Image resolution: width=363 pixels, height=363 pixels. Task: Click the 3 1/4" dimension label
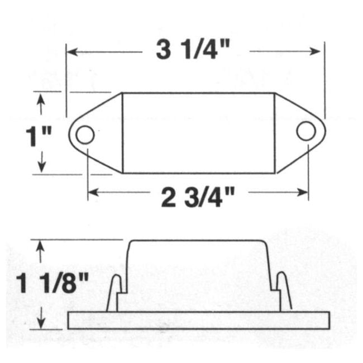[x=194, y=51]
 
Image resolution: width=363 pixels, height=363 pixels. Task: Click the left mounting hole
[x=85, y=135]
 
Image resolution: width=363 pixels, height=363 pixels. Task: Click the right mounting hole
[x=305, y=131]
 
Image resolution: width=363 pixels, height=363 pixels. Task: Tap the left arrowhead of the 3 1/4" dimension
[x=71, y=52]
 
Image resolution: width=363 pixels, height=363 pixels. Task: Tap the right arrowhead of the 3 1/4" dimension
[x=318, y=52]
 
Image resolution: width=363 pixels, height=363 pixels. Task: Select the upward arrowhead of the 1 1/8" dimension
[x=40, y=244]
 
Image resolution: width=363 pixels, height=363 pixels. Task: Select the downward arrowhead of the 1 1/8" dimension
[x=40, y=324]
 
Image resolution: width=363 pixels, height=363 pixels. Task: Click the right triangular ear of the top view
[x=293, y=132]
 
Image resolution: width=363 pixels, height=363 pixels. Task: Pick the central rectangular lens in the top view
[x=198, y=133]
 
